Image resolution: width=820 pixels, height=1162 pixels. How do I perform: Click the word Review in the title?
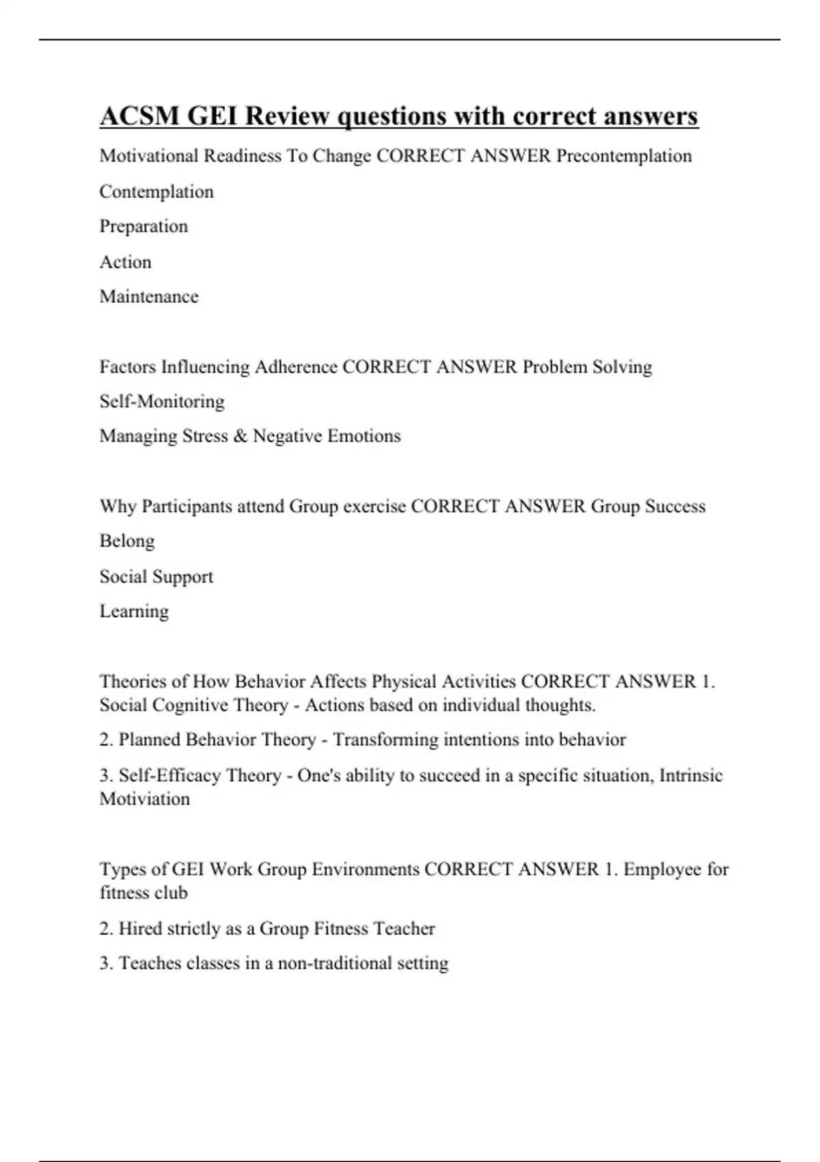pos(287,116)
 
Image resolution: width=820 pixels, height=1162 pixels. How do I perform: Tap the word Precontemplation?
pos(624,156)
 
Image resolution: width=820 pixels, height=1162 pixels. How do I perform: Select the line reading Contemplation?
pos(156,191)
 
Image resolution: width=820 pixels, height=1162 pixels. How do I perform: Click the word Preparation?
pos(143,226)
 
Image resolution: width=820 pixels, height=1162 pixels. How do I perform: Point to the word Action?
pos(126,262)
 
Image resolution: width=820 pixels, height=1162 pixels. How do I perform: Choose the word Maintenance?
pos(149,297)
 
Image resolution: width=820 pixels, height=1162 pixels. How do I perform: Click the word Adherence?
pos(296,367)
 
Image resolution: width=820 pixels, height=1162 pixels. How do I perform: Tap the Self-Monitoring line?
pos(162,401)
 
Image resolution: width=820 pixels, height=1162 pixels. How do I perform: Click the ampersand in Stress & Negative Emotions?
pos(240,436)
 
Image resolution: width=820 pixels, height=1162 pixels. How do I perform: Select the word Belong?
pos(127,541)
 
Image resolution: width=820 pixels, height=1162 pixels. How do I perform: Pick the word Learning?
pos(134,611)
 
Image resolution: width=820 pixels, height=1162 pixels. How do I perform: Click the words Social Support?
pos(156,576)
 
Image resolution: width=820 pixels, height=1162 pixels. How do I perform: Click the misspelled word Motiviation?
pos(145,798)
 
